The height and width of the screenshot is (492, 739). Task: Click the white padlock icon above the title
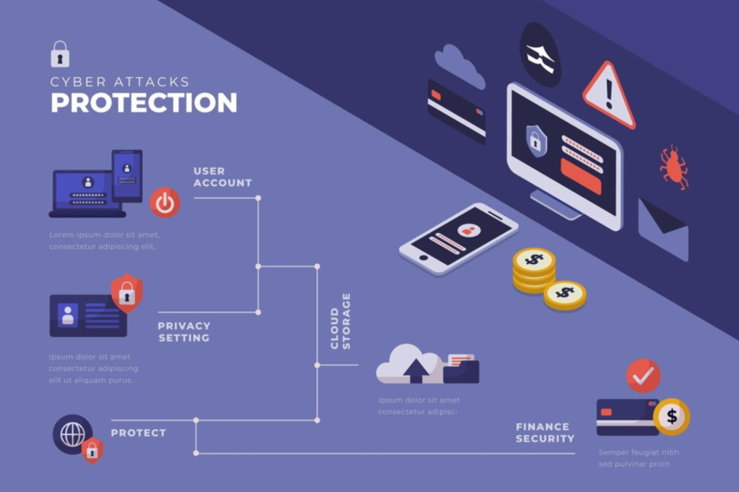(x=60, y=54)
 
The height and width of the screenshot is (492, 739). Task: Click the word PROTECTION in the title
(x=144, y=102)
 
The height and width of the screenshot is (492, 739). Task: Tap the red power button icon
(x=165, y=203)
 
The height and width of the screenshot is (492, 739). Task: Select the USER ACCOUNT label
(x=222, y=177)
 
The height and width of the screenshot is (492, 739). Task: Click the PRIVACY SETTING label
(x=184, y=332)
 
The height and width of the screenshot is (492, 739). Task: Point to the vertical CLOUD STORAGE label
(x=341, y=321)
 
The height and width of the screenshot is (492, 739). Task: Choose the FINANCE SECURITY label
(x=545, y=433)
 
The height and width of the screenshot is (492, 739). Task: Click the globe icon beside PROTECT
(x=73, y=434)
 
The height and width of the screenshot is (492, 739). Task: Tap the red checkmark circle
(x=643, y=376)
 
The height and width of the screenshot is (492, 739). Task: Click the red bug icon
(x=673, y=167)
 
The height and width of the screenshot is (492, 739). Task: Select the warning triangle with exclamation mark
(x=609, y=95)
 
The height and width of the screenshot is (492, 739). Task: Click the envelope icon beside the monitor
(x=663, y=229)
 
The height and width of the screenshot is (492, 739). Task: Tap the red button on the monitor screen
(x=581, y=176)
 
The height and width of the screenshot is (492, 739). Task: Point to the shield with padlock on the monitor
(x=536, y=141)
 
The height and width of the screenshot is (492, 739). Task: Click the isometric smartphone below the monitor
(x=458, y=239)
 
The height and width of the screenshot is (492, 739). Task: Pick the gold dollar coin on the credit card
(x=672, y=416)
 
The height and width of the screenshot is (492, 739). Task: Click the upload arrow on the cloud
(x=416, y=371)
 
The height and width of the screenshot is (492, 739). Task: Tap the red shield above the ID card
(x=127, y=293)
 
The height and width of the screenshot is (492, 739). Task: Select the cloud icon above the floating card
(x=459, y=66)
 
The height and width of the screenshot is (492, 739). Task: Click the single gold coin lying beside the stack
(x=565, y=295)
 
